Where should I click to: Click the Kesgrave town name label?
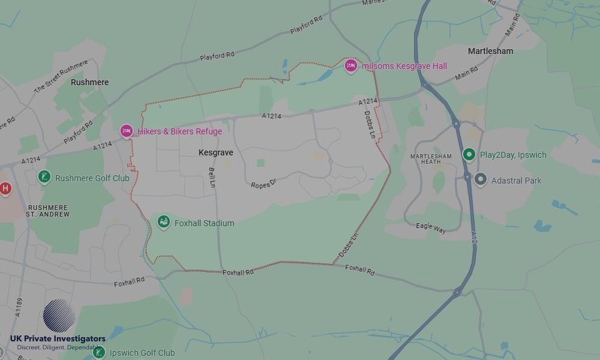[215, 153]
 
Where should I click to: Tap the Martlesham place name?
[490, 51]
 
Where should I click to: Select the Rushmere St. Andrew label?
[49, 211]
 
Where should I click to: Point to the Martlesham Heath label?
[430, 159]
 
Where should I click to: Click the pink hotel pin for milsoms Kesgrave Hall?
[351, 66]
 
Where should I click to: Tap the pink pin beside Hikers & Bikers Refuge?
[126, 131]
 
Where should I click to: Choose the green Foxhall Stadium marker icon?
[163, 222]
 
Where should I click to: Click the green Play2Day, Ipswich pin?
[469, 154]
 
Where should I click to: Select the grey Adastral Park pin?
[480, 179]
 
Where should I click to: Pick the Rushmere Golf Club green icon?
[44, 177]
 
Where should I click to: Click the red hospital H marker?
[5, 188]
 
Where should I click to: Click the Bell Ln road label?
[212, 177]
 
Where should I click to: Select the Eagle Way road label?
[431, 227]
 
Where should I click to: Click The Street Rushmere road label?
[61, 76]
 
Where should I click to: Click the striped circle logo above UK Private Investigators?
[59, 316]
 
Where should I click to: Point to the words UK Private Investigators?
[58, 339]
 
